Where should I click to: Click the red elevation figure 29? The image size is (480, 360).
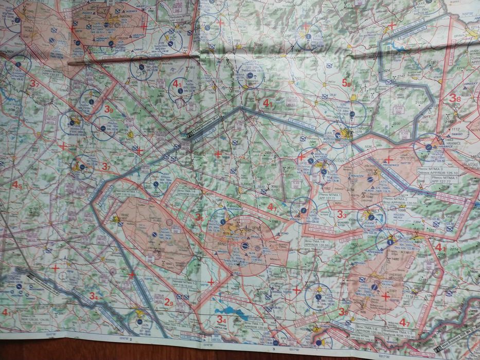click(x=169, y=302)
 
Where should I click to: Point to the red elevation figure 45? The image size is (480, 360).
click(x=17, y=185)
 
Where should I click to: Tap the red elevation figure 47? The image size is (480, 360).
click(x=404, y=323)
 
